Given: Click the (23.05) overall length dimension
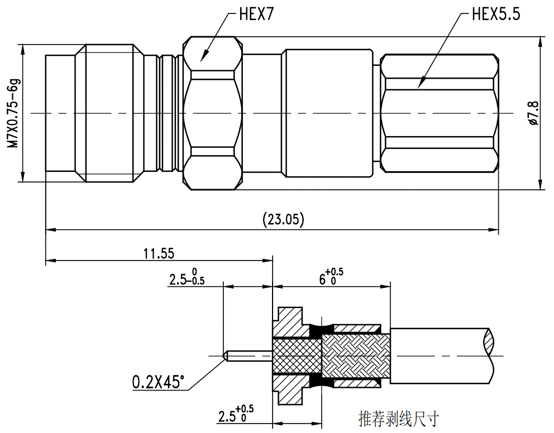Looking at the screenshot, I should (283, 219).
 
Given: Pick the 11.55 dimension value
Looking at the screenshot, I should (159, 253).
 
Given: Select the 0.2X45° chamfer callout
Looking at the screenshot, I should (158, 382).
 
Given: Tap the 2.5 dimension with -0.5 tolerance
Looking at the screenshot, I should (187, 277).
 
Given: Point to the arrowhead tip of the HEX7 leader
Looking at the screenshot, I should (200, 60).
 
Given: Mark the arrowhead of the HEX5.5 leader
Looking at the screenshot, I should (419, 88).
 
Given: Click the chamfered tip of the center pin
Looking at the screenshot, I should (226, 355).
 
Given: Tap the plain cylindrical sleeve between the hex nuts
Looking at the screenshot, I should (328, 113).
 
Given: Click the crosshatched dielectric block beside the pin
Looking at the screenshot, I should (297, 355).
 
